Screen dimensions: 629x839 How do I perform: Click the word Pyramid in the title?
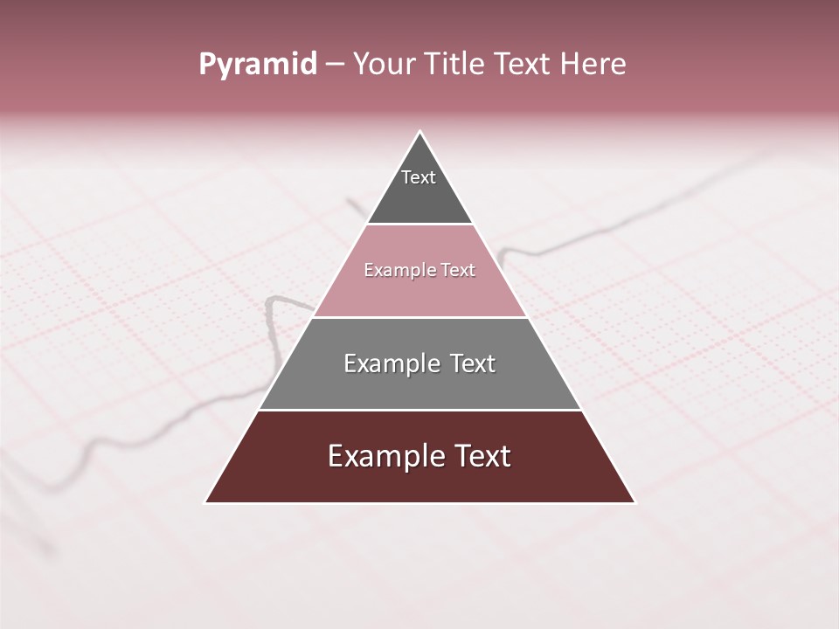[x=257, y=65]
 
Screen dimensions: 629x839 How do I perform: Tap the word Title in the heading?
[x=454, y=64]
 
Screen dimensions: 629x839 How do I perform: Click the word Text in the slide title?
[x=524, y=64]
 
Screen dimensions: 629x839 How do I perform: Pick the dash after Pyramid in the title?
[x=335, y=65]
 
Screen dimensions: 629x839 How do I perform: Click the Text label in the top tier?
[x=419, y=177]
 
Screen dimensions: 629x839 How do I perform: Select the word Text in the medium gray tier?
[x=470, y=363]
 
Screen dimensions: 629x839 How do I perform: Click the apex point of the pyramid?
[x=420, y=132]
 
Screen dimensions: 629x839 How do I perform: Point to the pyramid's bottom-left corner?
[x=205, y=502]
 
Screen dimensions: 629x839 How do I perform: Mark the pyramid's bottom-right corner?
[x=634, y=502]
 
